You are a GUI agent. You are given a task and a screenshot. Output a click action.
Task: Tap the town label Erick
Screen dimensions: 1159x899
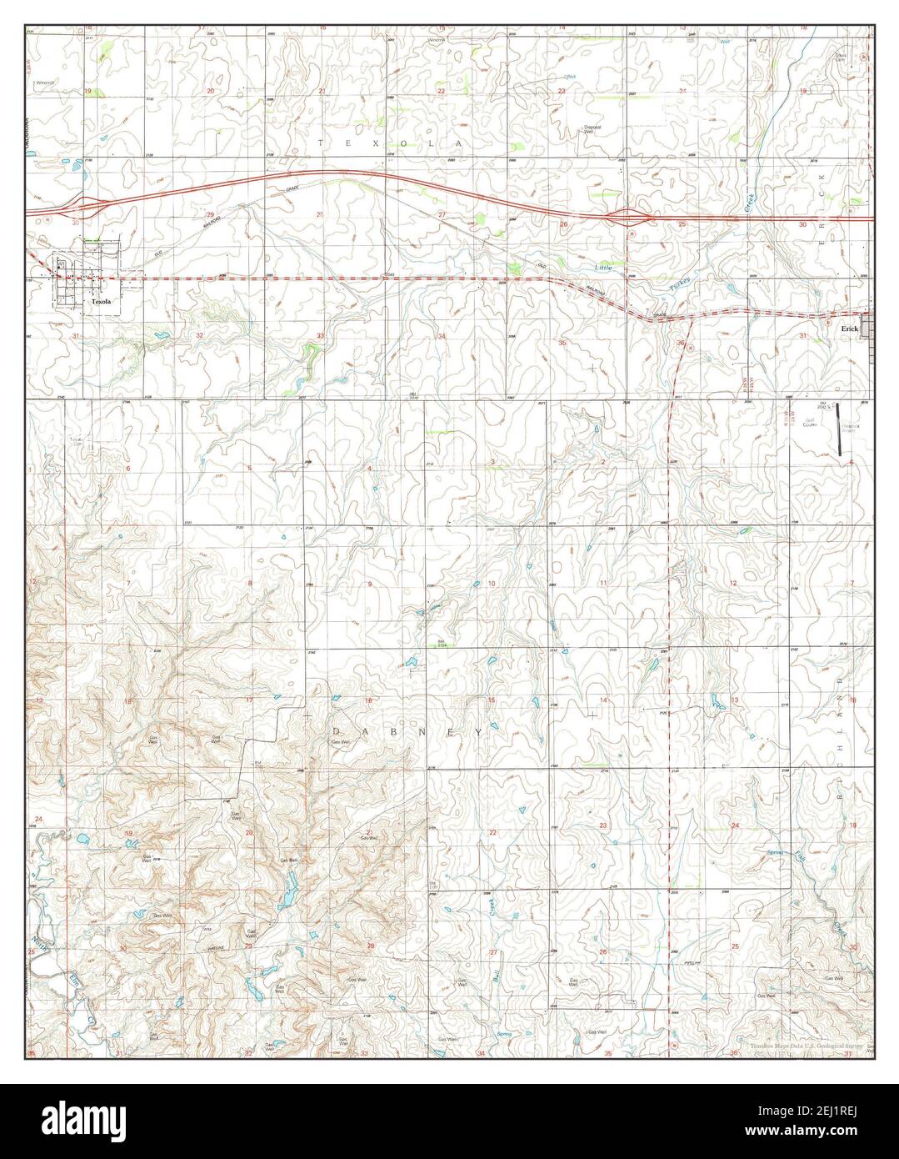(849, 329)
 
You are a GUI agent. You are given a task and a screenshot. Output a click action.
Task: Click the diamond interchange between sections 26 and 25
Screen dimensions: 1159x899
(631, 218)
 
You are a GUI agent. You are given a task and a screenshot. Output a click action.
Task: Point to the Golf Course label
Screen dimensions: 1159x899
(808, 423)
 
